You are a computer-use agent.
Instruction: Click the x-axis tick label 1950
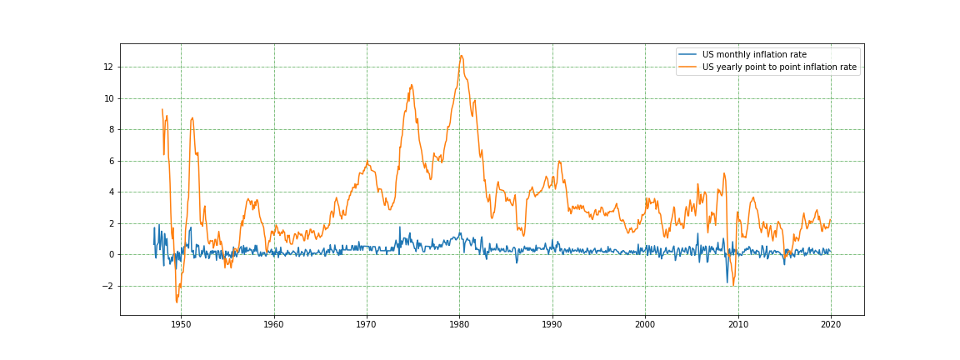[x=181, y=324]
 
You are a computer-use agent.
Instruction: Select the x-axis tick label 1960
[x=274, y=324]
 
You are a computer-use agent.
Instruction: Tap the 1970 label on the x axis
[x=367, y=324]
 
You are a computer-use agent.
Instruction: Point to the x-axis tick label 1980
[x=459, y=324]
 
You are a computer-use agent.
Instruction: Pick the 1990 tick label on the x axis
[x=552, y=324]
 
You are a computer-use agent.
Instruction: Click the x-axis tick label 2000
[x=645, y=324]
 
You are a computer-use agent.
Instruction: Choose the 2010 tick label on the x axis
[x=738, y=324]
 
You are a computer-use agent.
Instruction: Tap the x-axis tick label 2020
[x=831, y=324]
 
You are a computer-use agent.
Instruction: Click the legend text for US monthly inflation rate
[x=754, y=55]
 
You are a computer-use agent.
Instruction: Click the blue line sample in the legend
[x=689, y=55]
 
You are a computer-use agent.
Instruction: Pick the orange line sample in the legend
[x=689, y=67]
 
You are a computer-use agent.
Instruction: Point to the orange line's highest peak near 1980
[x=461, y=56]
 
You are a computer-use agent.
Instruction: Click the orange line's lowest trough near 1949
[x=177, y=302]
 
